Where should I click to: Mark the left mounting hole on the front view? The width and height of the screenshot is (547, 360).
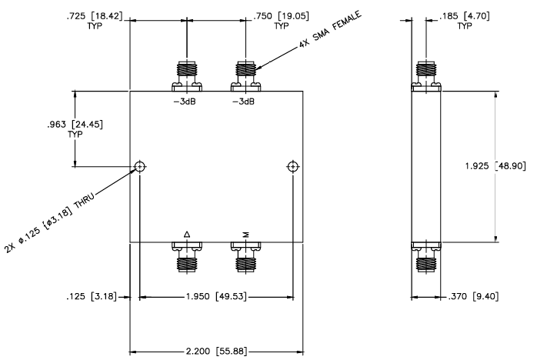(139, 167)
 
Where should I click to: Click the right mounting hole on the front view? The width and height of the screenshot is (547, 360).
(292, 167)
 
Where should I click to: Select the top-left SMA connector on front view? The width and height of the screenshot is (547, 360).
(187, 74)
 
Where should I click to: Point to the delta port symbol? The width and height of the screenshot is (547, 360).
(187, 234)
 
